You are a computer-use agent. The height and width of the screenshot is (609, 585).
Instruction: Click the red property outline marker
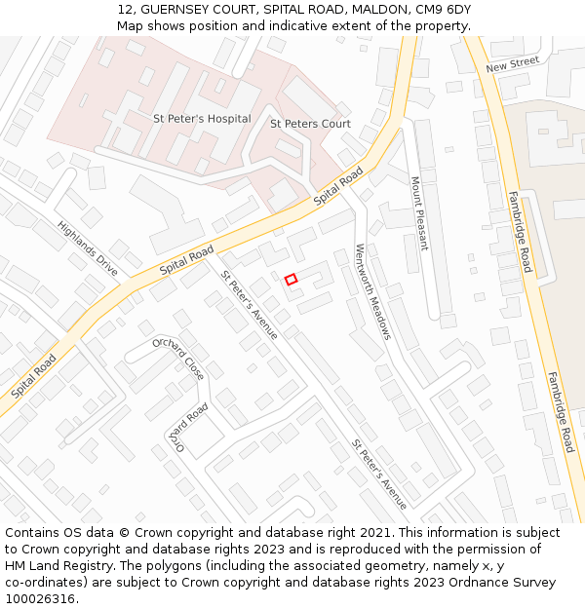click(291, 280)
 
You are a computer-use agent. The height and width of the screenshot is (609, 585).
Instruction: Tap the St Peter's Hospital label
click(202, 119)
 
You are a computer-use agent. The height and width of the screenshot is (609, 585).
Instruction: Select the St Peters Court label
click(310, 124)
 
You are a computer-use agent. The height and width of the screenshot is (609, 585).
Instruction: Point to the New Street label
click(512, 64)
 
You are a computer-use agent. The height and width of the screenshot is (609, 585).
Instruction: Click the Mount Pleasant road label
click(419, 212)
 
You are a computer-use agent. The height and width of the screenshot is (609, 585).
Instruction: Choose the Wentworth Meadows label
click(372, 290)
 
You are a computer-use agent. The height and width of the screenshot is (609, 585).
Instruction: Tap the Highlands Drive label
click(87, 247)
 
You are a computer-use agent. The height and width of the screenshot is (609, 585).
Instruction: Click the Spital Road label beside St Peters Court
click(338, 185)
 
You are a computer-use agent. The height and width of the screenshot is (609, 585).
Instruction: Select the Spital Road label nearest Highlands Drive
click(186, 259)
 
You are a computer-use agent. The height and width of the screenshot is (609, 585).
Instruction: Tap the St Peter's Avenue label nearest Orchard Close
click(249, 305)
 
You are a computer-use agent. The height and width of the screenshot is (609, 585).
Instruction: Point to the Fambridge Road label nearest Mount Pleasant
click(519, 230)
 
